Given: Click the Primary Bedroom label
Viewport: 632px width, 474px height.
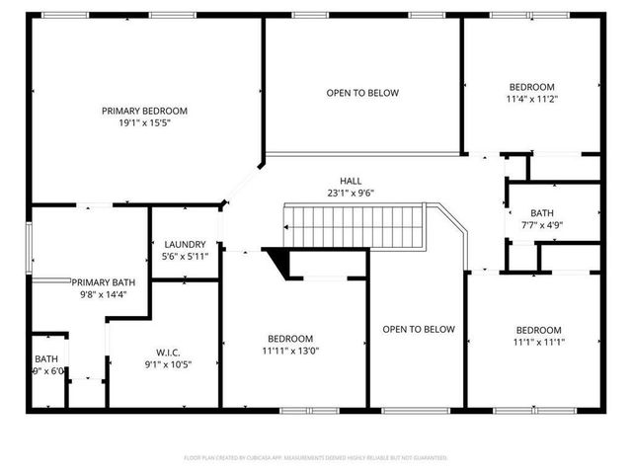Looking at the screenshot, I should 144,111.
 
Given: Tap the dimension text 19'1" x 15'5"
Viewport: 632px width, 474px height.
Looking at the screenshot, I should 144,123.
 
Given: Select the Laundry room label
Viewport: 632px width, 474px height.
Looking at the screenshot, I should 185,245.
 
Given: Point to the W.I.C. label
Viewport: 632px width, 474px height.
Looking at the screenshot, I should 167,351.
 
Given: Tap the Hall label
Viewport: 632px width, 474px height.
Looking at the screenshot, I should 351,182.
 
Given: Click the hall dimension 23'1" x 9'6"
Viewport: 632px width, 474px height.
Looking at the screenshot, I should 351,195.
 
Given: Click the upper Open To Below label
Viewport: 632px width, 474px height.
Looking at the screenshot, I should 362,93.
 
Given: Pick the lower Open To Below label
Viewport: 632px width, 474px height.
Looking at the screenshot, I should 419,329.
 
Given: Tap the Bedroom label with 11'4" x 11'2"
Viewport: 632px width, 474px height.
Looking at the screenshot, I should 531,86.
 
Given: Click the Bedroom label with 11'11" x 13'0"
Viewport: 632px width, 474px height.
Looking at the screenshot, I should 290,338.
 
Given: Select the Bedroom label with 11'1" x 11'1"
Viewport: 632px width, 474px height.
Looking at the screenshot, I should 538,330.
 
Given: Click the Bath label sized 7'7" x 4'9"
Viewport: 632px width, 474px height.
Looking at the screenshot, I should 542,212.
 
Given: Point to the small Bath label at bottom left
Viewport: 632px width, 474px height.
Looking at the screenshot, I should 46,359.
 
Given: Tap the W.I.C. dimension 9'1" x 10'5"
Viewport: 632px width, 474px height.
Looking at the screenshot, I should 167,363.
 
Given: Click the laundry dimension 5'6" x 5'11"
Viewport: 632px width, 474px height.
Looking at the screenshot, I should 185,257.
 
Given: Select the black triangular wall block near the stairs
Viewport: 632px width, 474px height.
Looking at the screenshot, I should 279,263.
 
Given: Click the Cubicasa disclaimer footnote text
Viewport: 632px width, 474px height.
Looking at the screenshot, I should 316,458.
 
